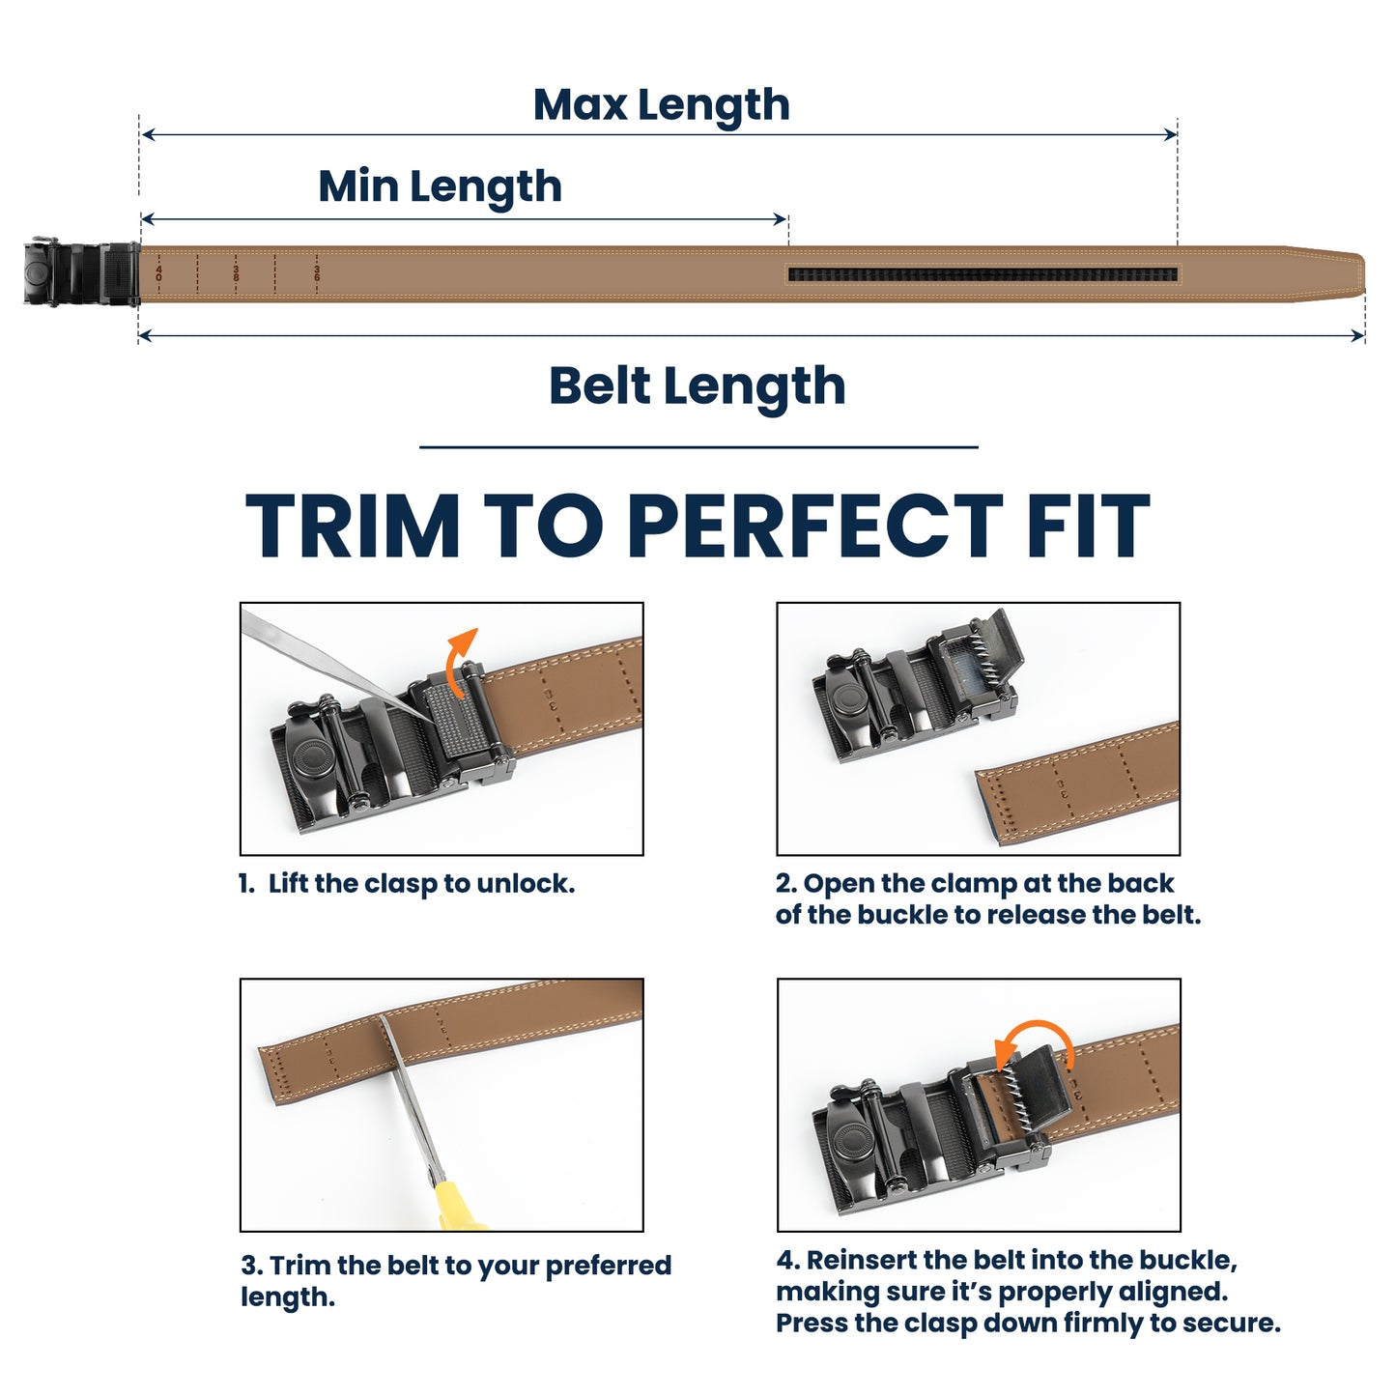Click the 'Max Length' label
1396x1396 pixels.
coord(661,104)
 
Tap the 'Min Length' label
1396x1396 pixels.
coord(440,185)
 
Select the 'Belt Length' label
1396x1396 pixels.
coord(697,385)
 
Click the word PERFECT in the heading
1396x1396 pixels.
coord(816,527)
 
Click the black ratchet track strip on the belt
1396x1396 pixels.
coord(983,274)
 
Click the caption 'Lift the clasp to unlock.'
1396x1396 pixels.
coord(421,884)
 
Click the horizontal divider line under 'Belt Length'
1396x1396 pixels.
coord(698,447)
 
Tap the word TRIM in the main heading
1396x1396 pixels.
coord(353,527)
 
